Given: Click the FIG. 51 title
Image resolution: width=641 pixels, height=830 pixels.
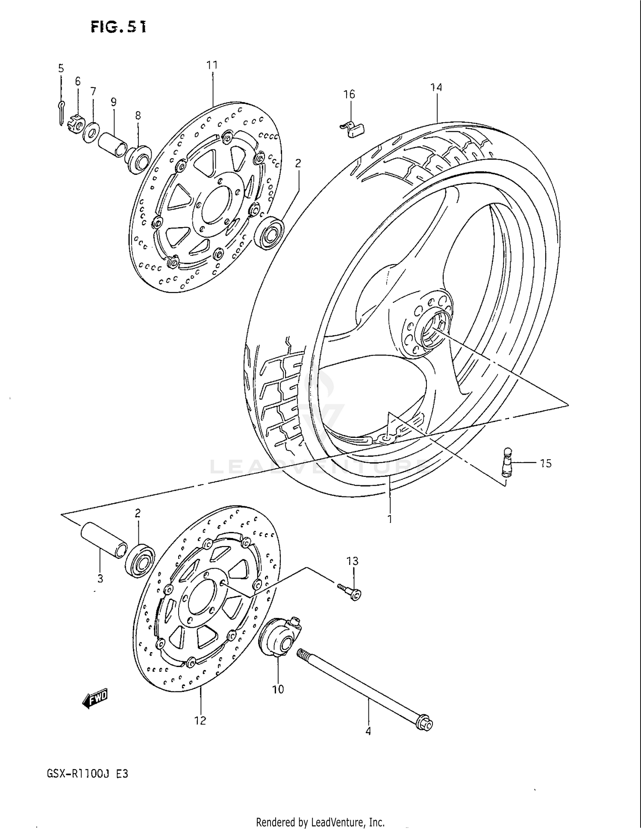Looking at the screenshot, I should pos(118,27).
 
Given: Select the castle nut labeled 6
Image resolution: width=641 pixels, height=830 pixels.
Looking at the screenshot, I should pos(75,120).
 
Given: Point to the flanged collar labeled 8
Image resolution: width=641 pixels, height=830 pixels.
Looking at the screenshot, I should pos(138,160).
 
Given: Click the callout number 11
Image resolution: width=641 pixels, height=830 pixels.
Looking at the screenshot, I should pos(212,65).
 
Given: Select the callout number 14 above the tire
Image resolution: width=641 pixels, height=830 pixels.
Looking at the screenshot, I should pos(436,87).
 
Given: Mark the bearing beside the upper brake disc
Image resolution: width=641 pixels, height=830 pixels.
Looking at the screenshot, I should pos(270,233).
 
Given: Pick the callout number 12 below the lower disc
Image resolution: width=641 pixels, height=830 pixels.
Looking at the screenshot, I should pos(200,721).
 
